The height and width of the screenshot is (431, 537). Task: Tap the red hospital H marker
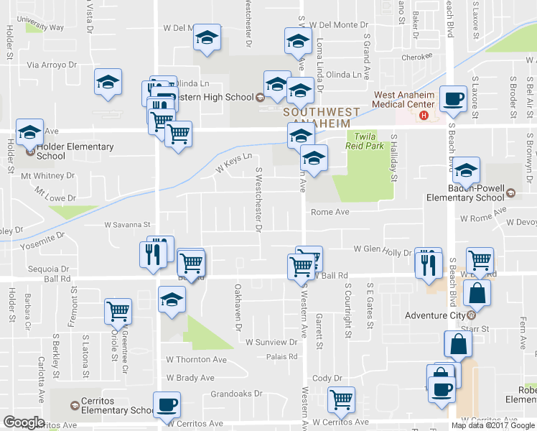pos(424,115)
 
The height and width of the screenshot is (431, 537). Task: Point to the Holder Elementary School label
pos(75,151)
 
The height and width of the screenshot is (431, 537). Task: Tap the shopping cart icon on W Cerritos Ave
pos(341,399)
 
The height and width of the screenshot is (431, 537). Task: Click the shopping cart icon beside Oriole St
pos(117,312)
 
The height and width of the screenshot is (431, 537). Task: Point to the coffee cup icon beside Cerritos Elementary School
pos(167,405)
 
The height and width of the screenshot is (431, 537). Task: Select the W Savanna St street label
pos(127,225)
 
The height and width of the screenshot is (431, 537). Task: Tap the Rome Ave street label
pos(330,212)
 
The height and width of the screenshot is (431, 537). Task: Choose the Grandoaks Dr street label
pos(236,394)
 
